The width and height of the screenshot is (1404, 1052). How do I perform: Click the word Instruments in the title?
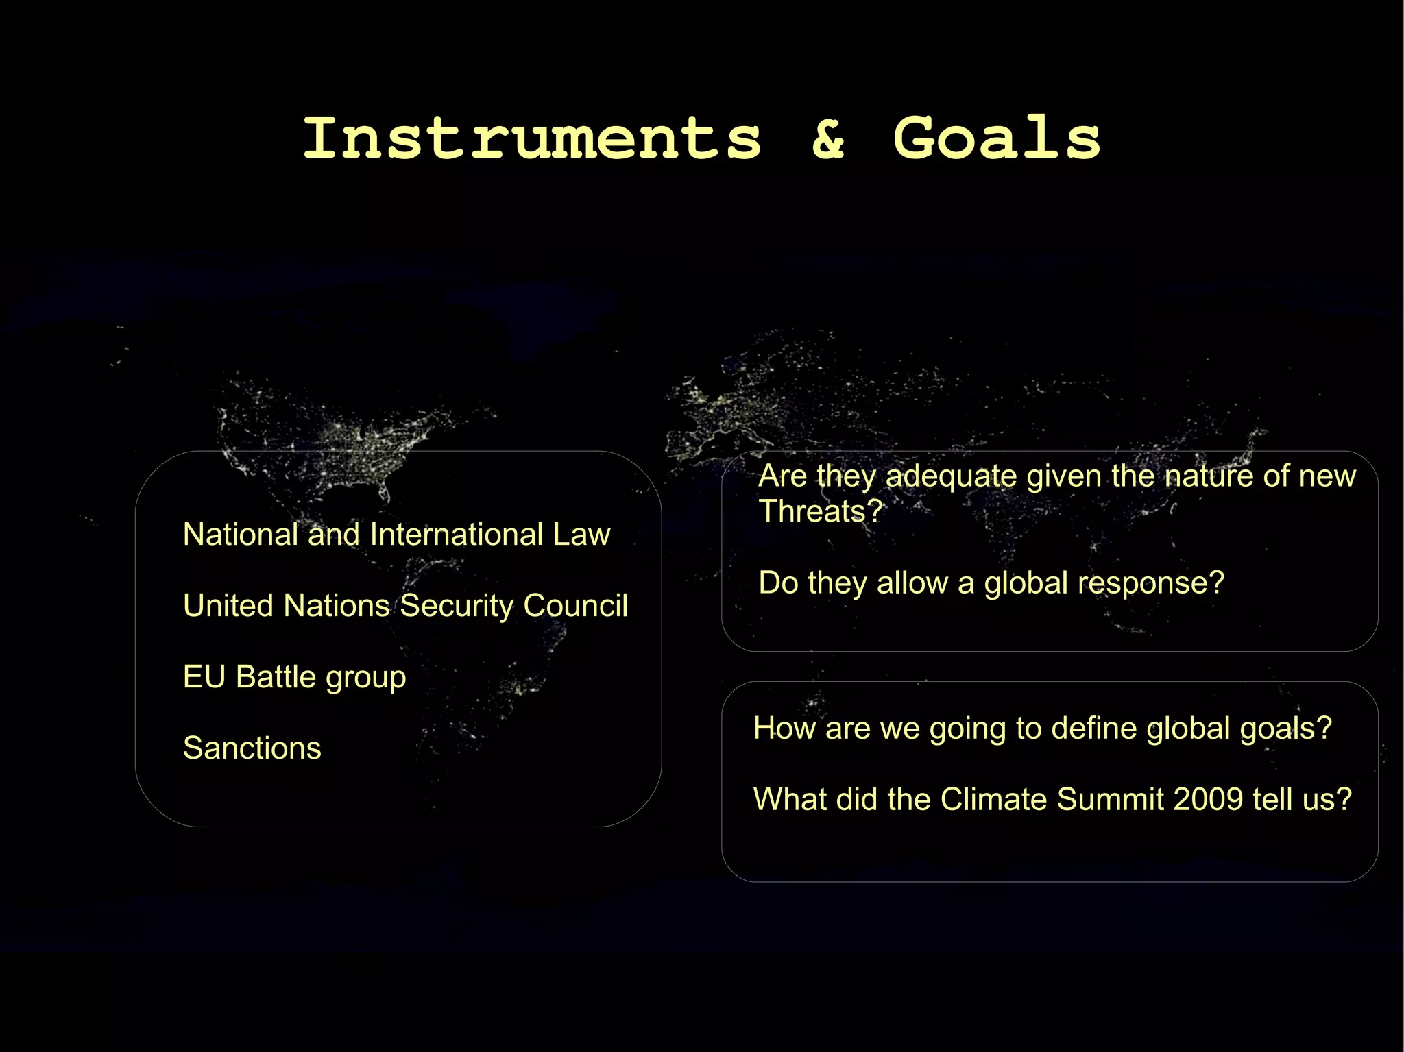coord(532,138)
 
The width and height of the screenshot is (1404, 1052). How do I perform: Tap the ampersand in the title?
coord(828,140)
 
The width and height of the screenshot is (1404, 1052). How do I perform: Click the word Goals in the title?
coord(997,138)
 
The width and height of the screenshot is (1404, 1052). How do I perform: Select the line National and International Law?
coord(396,535)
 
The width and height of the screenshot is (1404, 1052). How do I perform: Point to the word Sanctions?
coord(252,748)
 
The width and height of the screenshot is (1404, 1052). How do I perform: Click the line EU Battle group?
coord(294,677)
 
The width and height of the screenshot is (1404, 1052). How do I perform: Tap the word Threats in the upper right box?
coord(820,512)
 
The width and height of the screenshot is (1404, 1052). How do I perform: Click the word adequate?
coord(951,476)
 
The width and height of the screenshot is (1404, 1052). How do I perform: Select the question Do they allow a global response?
coord(991,583)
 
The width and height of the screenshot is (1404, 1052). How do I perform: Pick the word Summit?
coord(1111,799)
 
